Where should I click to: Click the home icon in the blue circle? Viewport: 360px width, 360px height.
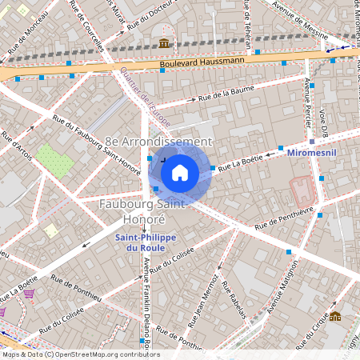coord(180,171)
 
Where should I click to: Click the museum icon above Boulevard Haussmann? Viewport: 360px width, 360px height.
coord(164,42)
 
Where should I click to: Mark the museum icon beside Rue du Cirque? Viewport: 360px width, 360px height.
coord(334,317)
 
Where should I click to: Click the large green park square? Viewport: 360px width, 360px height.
coord(54,162)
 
